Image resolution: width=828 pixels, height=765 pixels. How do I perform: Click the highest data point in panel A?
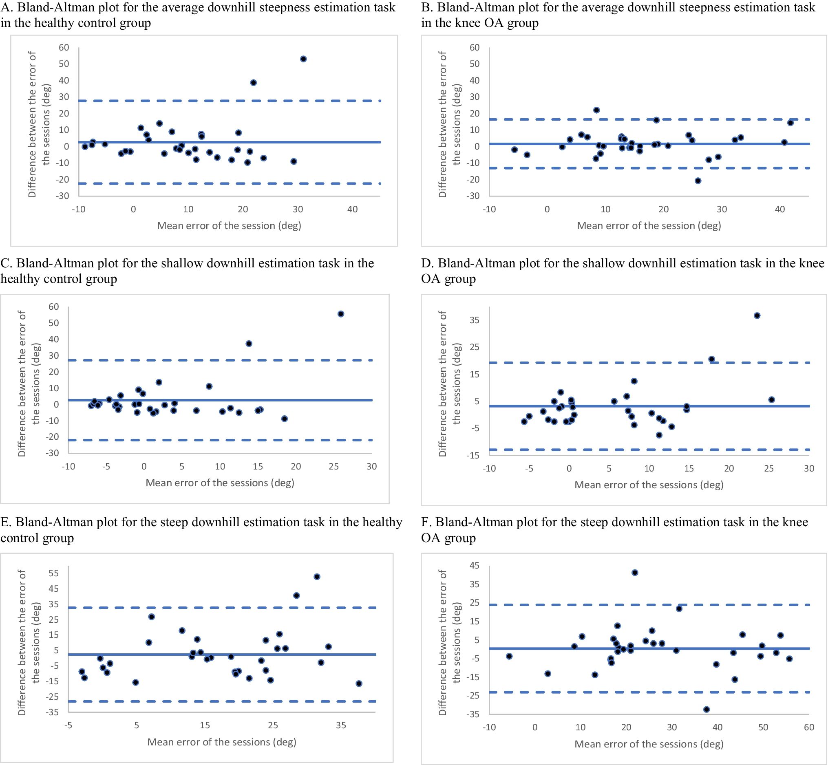pos(303,59)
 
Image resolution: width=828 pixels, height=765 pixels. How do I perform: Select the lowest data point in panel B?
pos(698,181)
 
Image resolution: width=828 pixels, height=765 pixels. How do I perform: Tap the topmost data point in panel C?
pos(341,314)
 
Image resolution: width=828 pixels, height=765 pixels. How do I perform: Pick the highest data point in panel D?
pos(757,315)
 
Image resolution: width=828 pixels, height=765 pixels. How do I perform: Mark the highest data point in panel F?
pos(635,573)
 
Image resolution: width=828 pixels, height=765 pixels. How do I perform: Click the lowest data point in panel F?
pos(707,709)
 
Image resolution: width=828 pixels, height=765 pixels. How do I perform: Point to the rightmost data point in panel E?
pos(359,683)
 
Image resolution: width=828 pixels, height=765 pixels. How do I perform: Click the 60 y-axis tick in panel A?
pos(64,48)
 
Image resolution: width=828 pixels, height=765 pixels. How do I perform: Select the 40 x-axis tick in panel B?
pos(780,209)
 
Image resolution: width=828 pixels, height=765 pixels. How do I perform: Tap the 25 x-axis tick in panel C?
pos(333,467)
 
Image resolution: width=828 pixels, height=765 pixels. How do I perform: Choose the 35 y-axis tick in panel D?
pos(475,320)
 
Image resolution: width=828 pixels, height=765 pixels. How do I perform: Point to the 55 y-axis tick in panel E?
pos(54,573)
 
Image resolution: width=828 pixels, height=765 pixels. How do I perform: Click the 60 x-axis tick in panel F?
pos(809,728)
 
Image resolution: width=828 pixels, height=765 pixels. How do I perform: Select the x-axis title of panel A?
pos(229,226)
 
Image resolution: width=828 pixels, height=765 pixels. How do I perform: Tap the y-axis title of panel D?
pos(450,384)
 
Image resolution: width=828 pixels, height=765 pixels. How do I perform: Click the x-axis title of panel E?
pos(221,742)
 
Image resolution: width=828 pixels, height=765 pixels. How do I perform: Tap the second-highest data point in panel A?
pos(253,83)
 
